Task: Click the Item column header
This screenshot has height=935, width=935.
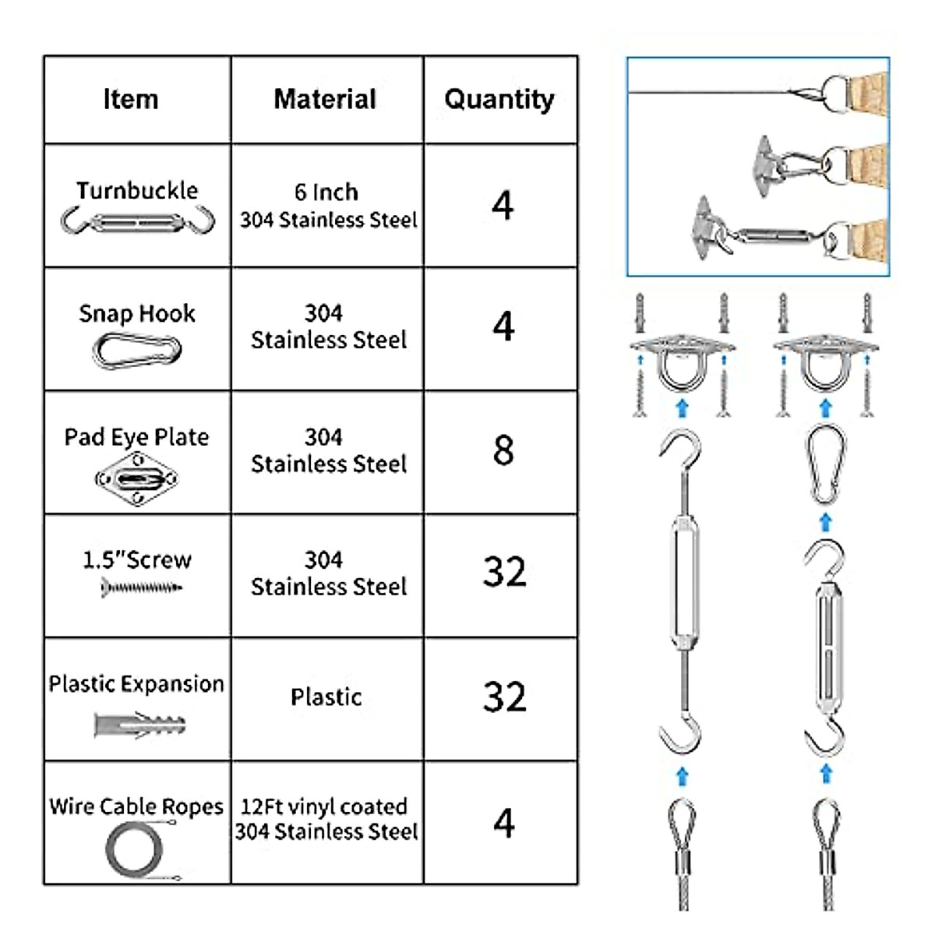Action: pyautogui.click(x=131, y=99)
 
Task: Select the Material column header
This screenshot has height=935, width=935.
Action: pyautogui.click(x=325, y=99)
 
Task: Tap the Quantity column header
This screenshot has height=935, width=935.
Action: pyautogui.click(x=499, y=99)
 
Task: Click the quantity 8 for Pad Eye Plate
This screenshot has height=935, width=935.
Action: pyautogui.click(x=503, y=450)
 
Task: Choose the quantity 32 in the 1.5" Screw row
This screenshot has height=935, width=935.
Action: pyautogui.click(x=504, y=572)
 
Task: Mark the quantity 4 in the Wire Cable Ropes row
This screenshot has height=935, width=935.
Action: pyautogui.click(x=504, y=823)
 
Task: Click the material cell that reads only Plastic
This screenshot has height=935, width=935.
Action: pyautogui.click(x=326, y=697)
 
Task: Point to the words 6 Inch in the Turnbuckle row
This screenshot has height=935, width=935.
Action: pyautogui.click(x=326, y=192)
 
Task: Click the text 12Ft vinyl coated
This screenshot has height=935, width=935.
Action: pyautogui.click(x=324, y=806)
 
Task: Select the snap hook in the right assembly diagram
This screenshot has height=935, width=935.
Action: pyautogui.click(x=825, y=464)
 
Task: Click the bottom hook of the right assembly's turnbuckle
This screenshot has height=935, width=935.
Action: pyautogui.click(x=826, y=736)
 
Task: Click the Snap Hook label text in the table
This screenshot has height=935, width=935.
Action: pyautogui.click(x=137, y=313)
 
